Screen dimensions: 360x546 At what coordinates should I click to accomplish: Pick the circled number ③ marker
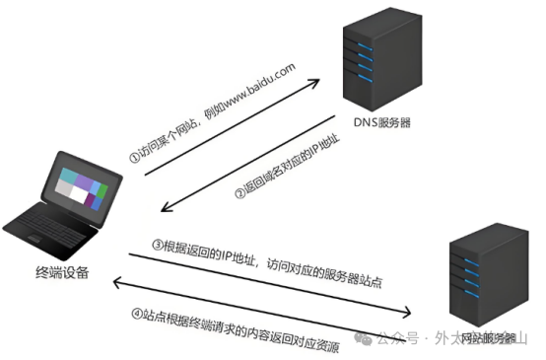pos(157,244)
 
